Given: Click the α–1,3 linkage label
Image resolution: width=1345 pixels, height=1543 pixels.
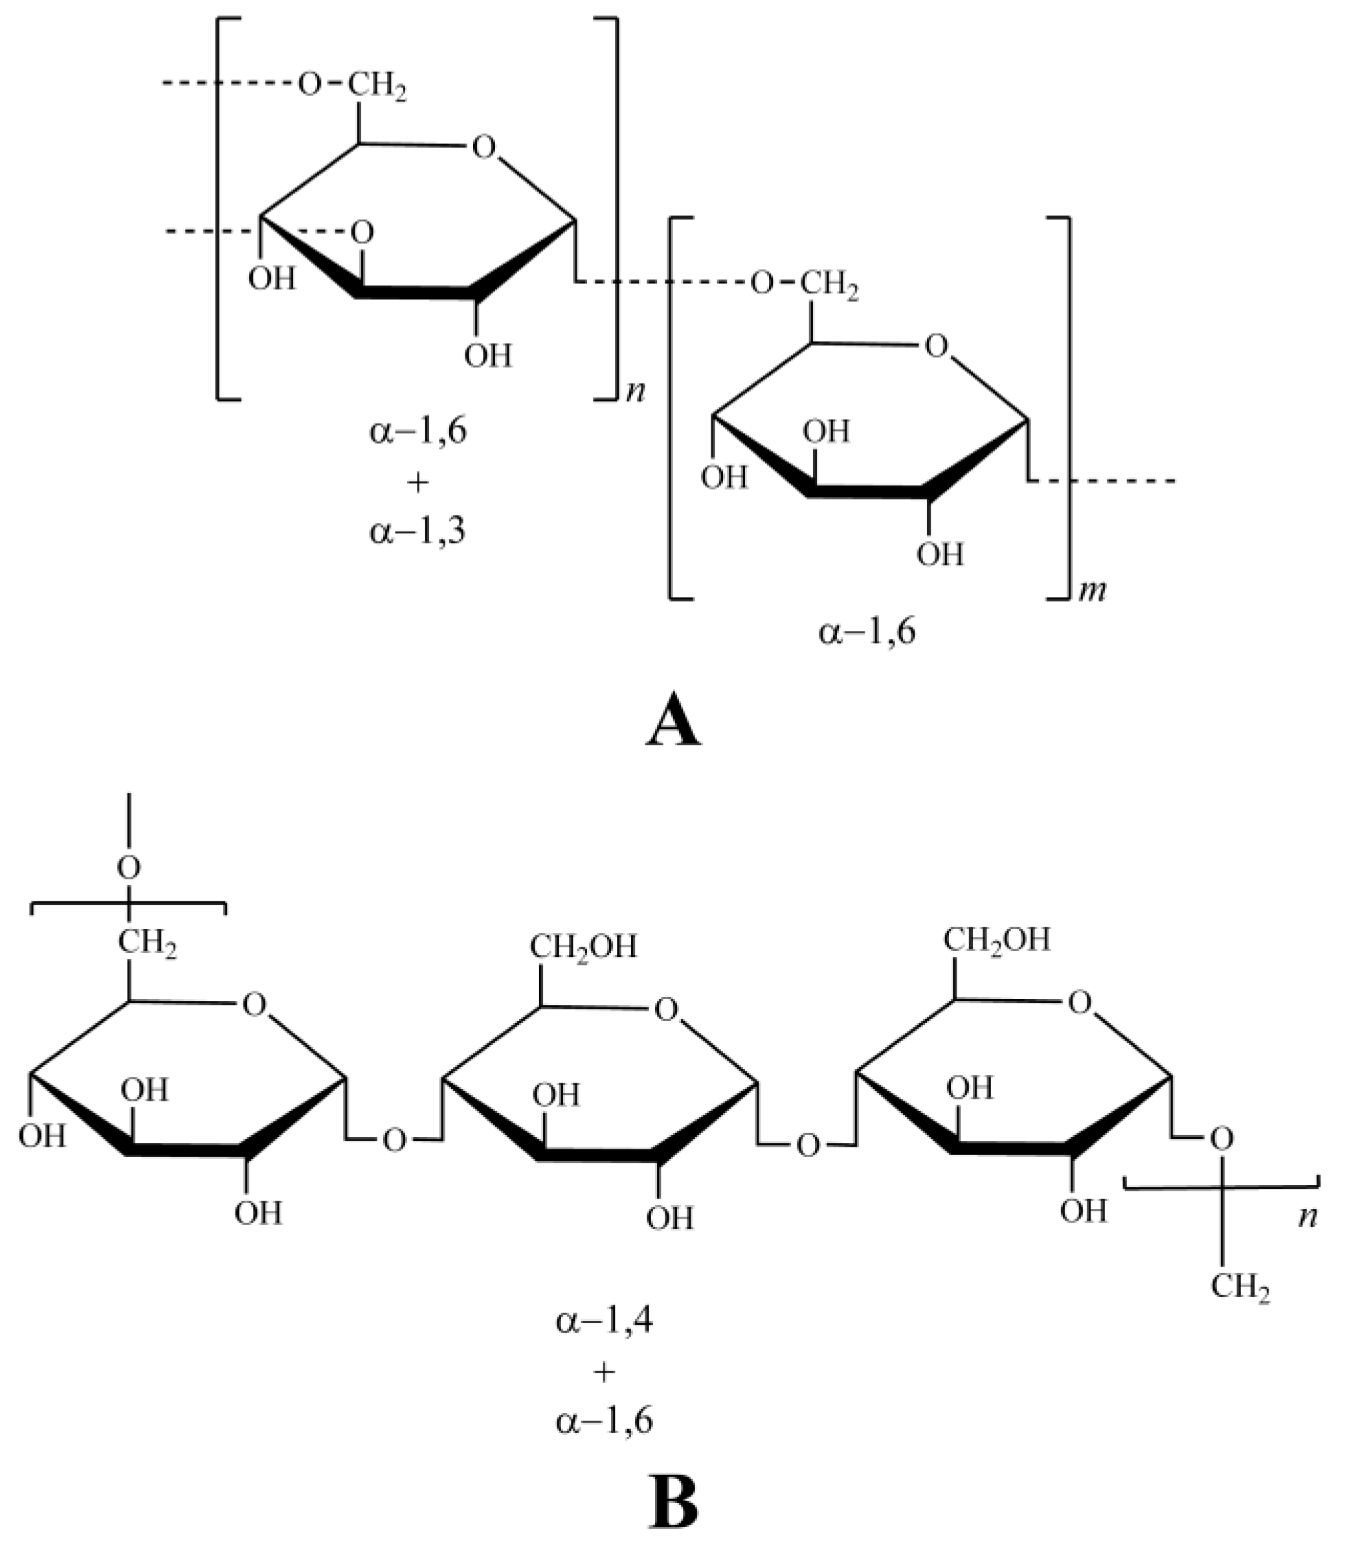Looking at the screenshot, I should pyautogui.click(x=417, y=531).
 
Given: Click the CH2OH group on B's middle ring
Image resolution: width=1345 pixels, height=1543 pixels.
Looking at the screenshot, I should pyautogui.click(x=583, y=947).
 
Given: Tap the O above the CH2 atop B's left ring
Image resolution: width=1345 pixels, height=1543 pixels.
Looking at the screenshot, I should pyautogui.click(x=129, y=868).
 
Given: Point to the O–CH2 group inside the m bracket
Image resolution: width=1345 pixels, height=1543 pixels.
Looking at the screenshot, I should pyautogui.click(x=805, y=284).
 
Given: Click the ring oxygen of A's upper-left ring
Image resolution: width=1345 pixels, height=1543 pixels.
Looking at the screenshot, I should pyautogui.click(x=484, y=147).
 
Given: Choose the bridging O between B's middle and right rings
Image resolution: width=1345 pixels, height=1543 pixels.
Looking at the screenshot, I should pyautogui.click(x=808, y=1146).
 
